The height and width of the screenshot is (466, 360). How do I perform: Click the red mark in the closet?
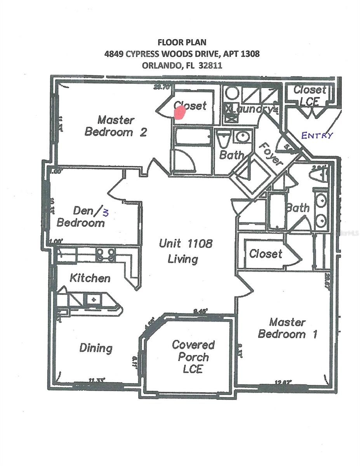tap(179, 112)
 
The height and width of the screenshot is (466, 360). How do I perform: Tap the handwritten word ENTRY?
tap(317, 135)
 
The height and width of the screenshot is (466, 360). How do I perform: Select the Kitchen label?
tap(90, 278)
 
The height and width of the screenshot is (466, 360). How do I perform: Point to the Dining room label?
tap(96, 348)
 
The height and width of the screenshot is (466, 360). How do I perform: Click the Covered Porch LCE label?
tap(193, 356)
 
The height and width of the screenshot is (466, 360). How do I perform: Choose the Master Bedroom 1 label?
tap(287, 328)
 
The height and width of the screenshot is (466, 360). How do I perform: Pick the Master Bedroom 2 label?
tap(116, 126)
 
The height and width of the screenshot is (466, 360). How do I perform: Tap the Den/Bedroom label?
tap(81, 217)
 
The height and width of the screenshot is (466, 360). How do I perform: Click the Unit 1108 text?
tap(186, 243)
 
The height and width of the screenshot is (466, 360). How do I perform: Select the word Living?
tap(183, 259)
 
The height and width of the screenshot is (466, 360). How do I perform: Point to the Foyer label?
tap(270, 154)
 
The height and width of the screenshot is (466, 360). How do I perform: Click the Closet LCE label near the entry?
tap(310, 96)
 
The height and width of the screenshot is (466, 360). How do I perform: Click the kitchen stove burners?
tap(106, 254)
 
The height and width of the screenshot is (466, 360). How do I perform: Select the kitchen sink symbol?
tap(93, 299)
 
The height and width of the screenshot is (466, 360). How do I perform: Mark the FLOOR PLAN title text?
tap(182, 42)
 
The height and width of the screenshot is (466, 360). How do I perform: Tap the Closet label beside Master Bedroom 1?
tap(266, 254)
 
